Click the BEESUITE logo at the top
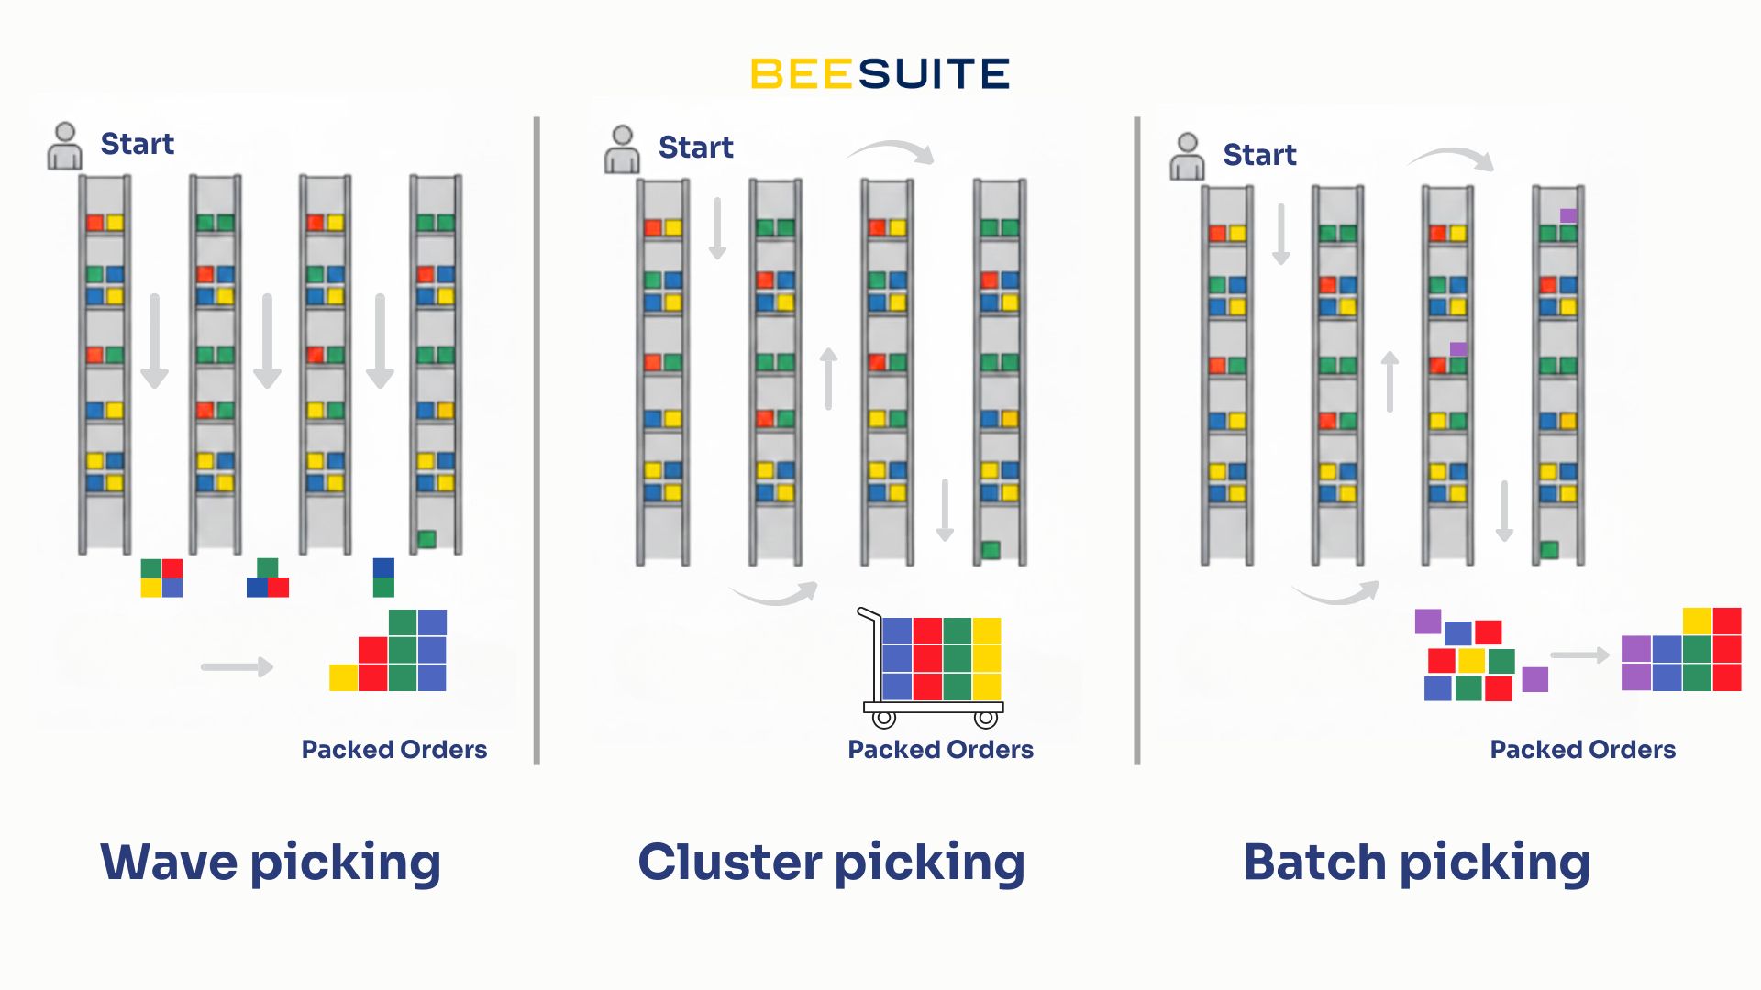(880, 74)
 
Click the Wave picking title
(271, 863)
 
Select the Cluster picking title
(831, 863)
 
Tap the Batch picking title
(1416, 863)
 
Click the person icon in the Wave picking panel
(64, 146)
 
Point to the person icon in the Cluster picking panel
(622, 149)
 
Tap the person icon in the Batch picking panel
(1187, 157)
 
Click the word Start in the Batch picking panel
(1259, 155)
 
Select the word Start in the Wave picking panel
(137, 144)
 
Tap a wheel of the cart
(883, 719)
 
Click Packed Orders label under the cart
(940, 750)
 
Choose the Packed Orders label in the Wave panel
(394, 750)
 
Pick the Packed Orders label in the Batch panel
(1582, 750)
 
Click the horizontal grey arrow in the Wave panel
(237, 666)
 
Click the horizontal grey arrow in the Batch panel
(1579, 655)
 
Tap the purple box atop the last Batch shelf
(1568, 215)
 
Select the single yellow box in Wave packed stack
(343, 677)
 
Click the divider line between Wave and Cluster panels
(537, 440)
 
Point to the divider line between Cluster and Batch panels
(1137, 440)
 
